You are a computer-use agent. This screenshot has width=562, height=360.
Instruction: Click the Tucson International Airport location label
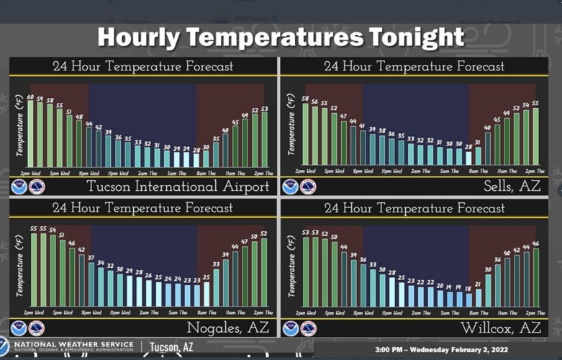[x=178, y=187]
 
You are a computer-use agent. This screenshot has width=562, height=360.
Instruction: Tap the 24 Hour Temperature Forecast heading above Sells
[x=414, y=67]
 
